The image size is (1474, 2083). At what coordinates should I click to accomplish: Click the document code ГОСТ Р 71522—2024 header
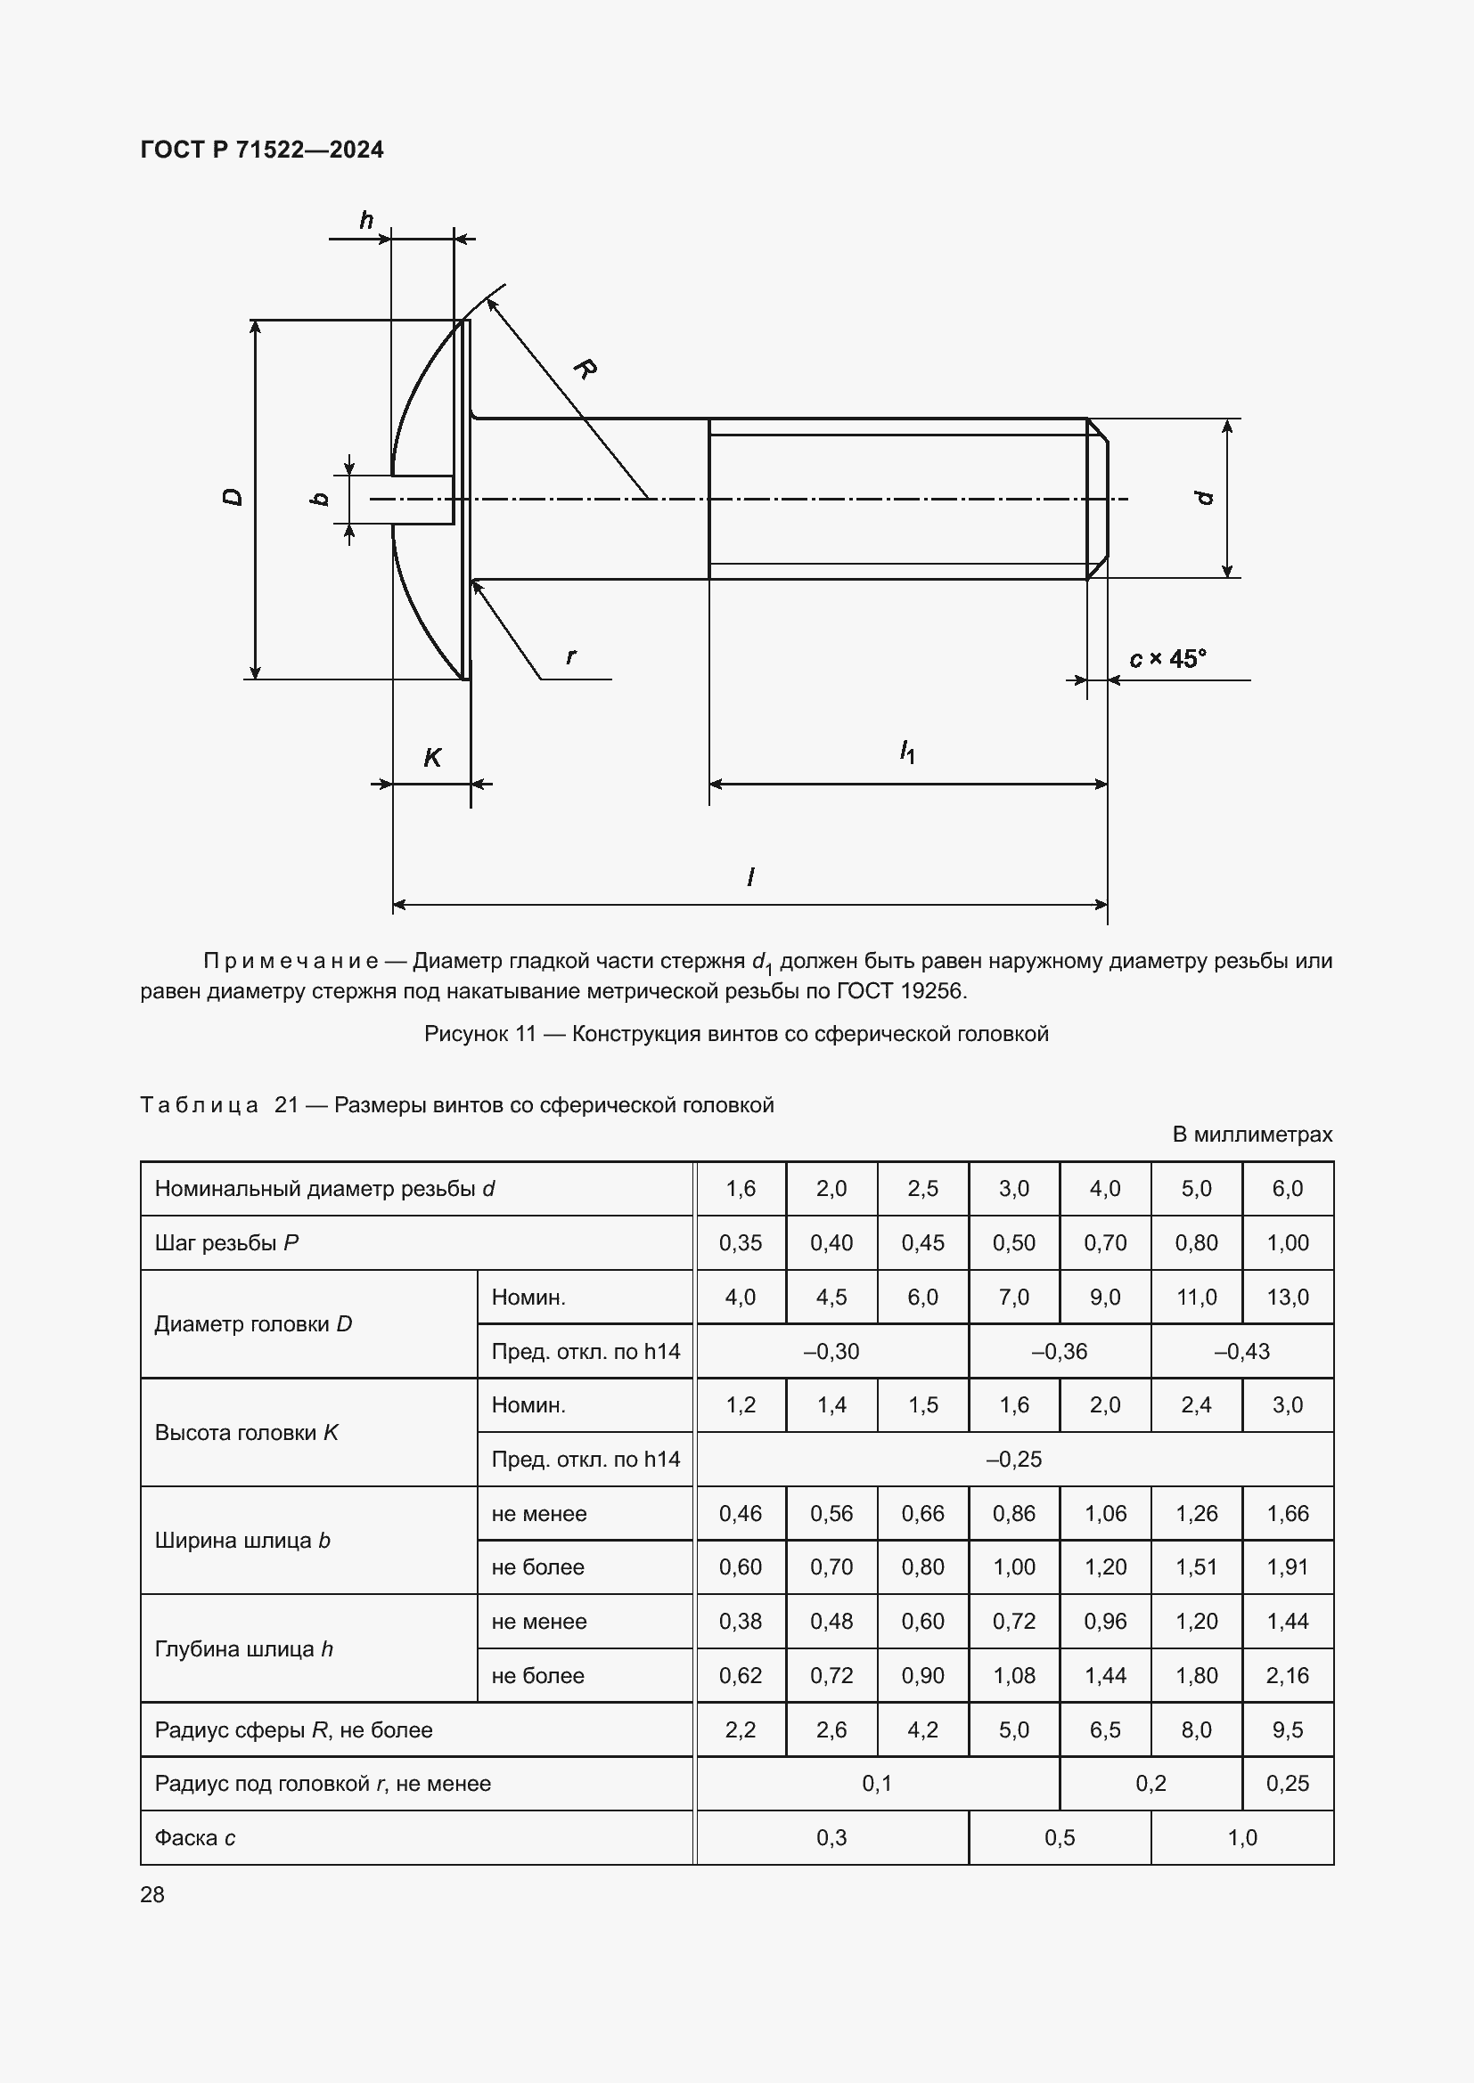click(x=261, y=150)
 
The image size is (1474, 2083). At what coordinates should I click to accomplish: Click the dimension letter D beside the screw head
click(x=233, y=497)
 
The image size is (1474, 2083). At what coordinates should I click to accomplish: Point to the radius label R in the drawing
click(x=585, y=369)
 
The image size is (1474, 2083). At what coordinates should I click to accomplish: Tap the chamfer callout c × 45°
click(x=1167, y=659)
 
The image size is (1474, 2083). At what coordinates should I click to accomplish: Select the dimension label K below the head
click(x=432, y=758)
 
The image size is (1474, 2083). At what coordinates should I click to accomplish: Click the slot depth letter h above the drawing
click(x=366, y=220)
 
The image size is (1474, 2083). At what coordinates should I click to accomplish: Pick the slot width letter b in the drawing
click(x=320, y=498)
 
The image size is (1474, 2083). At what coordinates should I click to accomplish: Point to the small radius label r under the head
click(x=570, y=655)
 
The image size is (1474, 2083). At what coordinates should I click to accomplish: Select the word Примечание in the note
click(x=291, y=961)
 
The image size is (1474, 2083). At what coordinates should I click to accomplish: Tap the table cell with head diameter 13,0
click(x=1287, y=1297)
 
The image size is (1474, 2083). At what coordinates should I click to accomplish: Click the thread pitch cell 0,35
click(x=741, y=1243)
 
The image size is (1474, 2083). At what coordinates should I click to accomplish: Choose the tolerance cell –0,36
click(x=1060, y=1351)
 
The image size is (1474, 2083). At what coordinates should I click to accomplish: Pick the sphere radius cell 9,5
click(x=1287, y=1729)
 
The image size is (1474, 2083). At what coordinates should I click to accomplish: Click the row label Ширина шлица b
click(x=242, y=1540)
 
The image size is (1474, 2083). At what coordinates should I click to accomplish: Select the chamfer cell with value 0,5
click(x=1060, y=1837)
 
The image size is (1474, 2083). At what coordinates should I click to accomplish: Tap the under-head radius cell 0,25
click(x=1287, y=1783)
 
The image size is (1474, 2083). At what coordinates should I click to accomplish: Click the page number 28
click(x=152, y=1894)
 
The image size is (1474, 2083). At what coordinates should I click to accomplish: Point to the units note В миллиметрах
click(x=1251, y=1134)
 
